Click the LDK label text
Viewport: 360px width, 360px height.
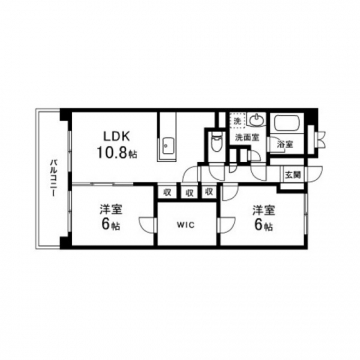116,136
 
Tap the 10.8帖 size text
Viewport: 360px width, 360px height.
116,152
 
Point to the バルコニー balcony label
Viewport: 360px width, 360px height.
53,178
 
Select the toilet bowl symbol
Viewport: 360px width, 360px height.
217,143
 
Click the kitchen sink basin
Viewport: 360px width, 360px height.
166,146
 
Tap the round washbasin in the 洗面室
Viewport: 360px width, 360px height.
257,119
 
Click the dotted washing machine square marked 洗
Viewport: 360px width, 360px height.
238,120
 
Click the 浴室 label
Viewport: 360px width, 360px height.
286,144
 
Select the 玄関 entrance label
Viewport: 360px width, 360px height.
293,175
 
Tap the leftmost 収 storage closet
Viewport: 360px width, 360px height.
167,192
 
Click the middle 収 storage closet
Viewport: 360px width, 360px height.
189,192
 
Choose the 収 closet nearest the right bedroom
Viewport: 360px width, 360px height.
209,192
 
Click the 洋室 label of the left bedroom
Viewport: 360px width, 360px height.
111,210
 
